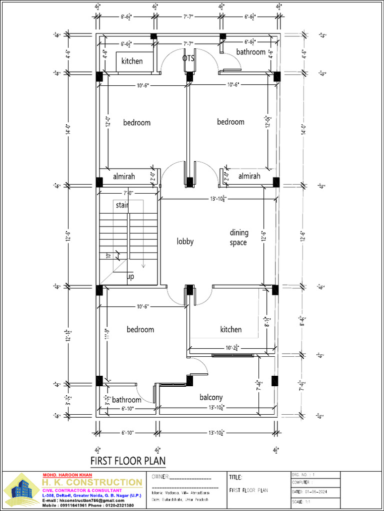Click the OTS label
click(x=188, y=58)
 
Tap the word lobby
click(x=185, y=242)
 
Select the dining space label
click(x=238, y=238)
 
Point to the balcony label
click(x=211, y=397)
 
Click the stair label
click(x=122, y=205)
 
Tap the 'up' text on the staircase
click(x=130, y=276)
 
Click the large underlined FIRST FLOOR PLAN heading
click(x=127, y=460)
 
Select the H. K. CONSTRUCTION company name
click(x=91, y=483)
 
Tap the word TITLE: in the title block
click(x=236, y=478)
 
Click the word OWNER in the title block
click(x=160, y=478)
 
